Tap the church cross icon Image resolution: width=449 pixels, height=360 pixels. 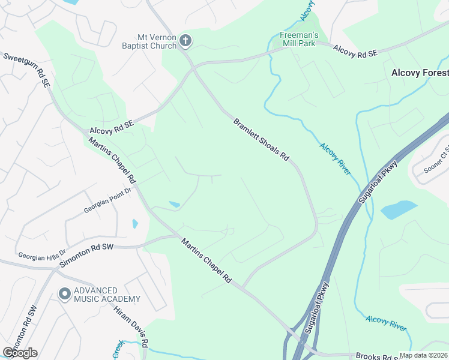click(x=185, y=40)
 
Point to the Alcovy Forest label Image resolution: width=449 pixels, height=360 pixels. click(x=420, y=73)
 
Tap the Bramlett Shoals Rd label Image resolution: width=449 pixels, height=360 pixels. click(x=261, y=140)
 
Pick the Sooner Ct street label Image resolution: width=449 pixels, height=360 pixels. click(x=437, y=158)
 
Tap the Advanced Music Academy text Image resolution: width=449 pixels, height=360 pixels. click(x=107, y=295)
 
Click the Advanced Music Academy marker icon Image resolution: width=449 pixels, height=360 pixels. click(x=64, y=294)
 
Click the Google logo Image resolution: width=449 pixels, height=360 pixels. click(x=20, y=353)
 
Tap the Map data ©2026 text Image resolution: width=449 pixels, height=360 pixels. click(x=423, y=355)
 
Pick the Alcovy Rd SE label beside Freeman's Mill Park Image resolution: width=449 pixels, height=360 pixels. click(x=355, y=50)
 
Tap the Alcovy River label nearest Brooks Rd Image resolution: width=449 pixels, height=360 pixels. click(x=386, y=323)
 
